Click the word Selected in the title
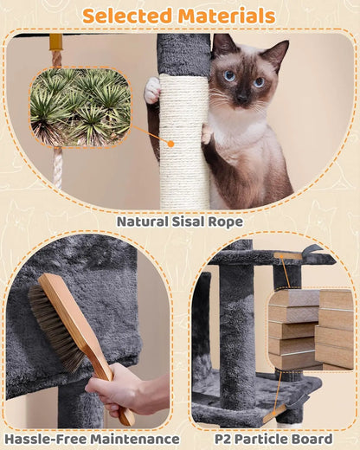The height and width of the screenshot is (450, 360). (x=126, y=16)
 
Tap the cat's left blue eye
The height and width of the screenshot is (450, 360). (x=229, y=76)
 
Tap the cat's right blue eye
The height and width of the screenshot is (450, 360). (x=258, y=82)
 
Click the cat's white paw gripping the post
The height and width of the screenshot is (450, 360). (x=152, y=89)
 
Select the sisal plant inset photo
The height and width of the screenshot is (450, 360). (x=80, y=107)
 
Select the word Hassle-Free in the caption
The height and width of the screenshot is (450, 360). (x=45, y=439)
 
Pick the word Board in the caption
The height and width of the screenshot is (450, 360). (x=310, y=439)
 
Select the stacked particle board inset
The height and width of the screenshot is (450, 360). (x=311, y=330)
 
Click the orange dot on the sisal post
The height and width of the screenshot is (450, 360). (x=171, y=145)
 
